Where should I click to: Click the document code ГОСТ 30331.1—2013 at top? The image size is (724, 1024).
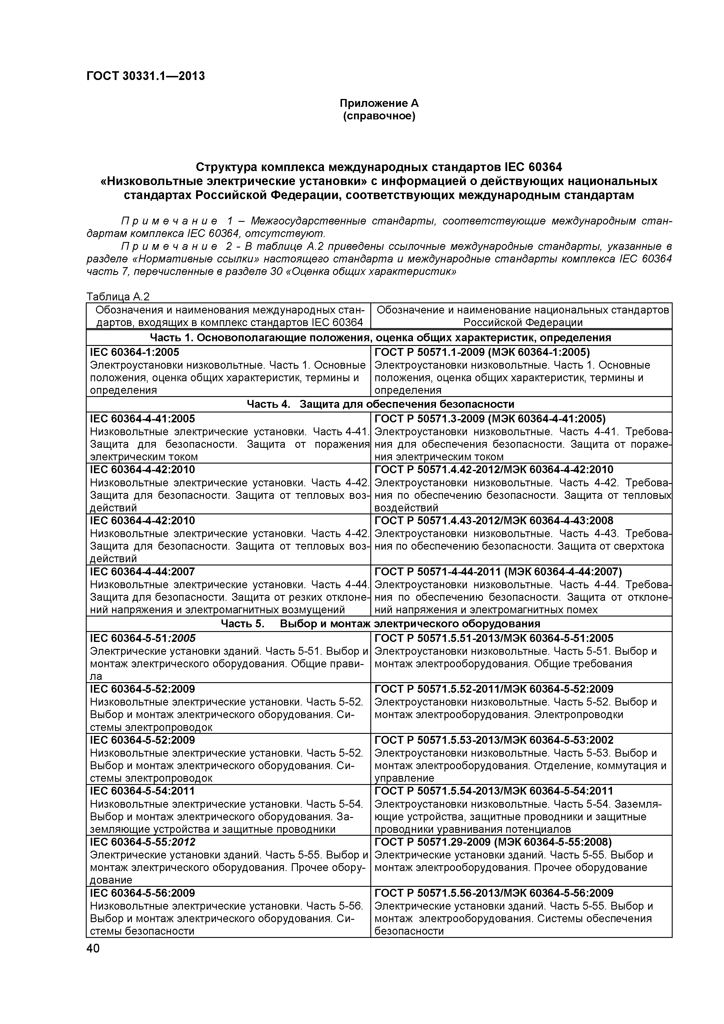tap(145, 76)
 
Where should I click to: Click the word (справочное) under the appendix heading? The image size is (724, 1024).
tap(379, 116)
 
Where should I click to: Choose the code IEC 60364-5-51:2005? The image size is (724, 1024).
tap(143, 638)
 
